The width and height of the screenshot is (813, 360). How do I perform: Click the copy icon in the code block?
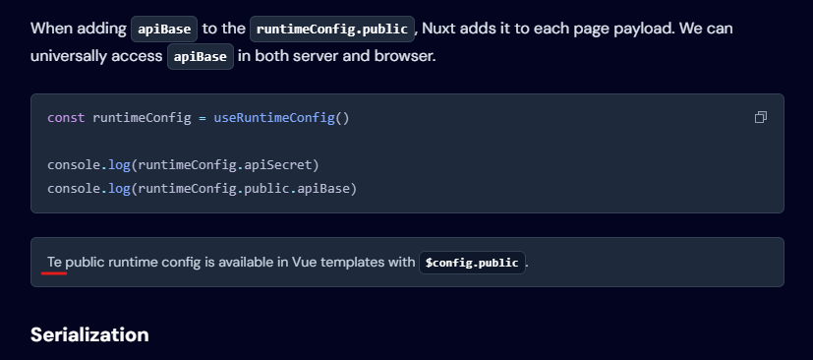pyautogui.click(x=760, y=118)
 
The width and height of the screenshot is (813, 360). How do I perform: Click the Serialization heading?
pyautogui.click(x=89, y=334)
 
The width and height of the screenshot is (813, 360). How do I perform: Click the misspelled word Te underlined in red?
pyautogui.click(x=54, y=263)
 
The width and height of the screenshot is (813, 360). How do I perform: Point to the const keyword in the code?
pyautogui.click(x=66, y=118)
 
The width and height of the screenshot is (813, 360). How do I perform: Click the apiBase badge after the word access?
pyautogui.click(x=200, y=56)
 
